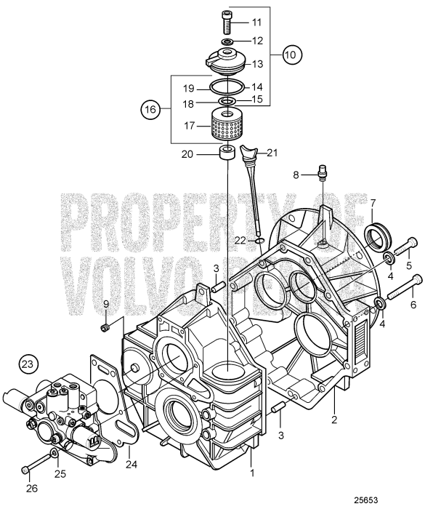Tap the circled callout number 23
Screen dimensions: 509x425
pos(27,362)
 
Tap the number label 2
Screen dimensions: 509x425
pos(334,419)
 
